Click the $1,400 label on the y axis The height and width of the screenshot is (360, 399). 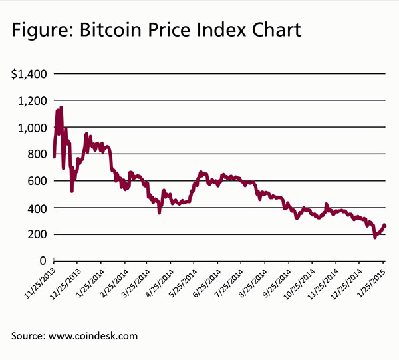29,74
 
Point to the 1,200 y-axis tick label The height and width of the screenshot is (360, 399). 31,100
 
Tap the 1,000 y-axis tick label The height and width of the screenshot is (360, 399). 31,128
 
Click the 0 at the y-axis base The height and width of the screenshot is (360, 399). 42,261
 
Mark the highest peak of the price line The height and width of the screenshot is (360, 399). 61,107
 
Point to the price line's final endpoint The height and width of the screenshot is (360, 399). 385,226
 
